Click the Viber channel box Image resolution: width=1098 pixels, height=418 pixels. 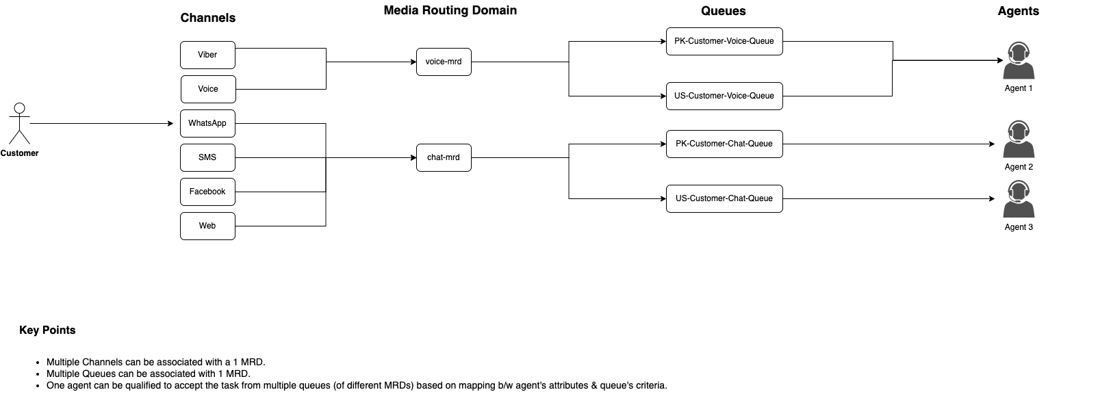tap(207, 55)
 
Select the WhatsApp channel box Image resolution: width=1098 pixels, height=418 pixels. tap(207, 123)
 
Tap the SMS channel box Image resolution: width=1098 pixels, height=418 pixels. tap(207, 157)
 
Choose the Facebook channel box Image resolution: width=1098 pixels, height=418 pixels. tap(207, 192)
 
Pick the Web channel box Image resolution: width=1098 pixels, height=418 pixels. tap(207, 226)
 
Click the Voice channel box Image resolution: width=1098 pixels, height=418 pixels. tap(208, 89)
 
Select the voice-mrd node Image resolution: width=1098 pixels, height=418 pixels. tap(444, 62)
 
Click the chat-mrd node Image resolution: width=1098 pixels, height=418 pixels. tap(444, 157)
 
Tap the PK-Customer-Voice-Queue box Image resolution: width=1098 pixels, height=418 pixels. tap(724, 41)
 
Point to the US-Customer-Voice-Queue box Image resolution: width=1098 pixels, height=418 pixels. tap(724, 96)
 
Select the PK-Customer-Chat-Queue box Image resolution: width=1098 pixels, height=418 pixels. tap(724, 144)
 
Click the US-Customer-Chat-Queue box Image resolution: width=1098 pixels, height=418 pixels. tap(724, 198)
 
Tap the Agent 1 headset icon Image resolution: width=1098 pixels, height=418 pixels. tap(1019, 61)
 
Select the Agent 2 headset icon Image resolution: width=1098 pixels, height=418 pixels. tap(1019, 140)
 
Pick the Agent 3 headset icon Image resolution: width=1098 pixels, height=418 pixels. tap(1019, 200)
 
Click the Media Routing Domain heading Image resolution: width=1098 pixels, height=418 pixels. tap(450, 10)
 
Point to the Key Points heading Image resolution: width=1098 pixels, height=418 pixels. tap(47, 330)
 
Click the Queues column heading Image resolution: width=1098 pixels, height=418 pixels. tap(723, 11)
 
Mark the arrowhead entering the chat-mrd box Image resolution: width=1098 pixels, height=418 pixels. tap(413, 157)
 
